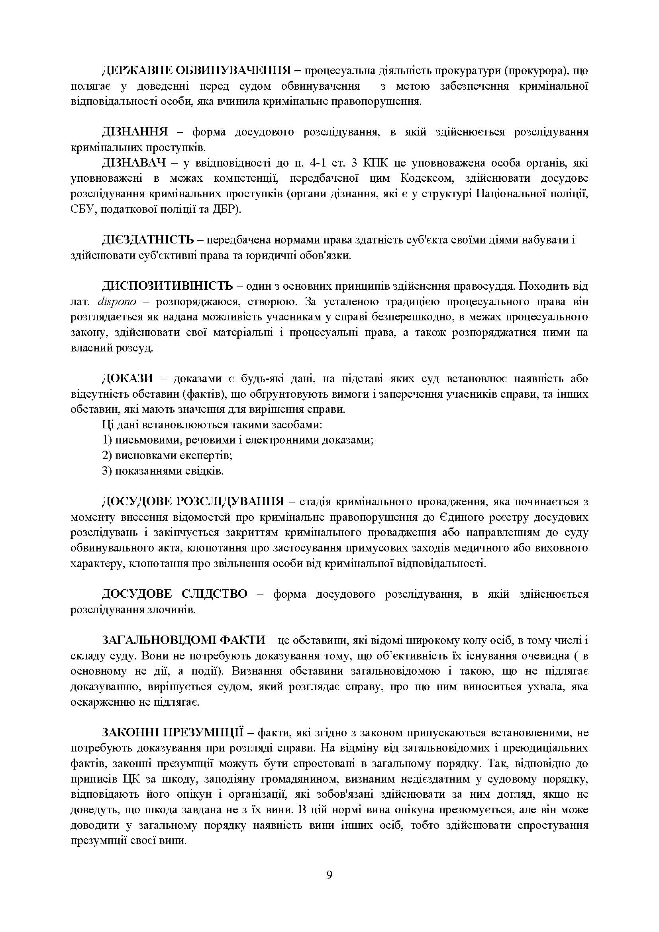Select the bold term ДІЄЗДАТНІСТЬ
148,240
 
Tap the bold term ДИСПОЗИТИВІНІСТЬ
167,286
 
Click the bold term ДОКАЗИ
127,379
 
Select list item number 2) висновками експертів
167,455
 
